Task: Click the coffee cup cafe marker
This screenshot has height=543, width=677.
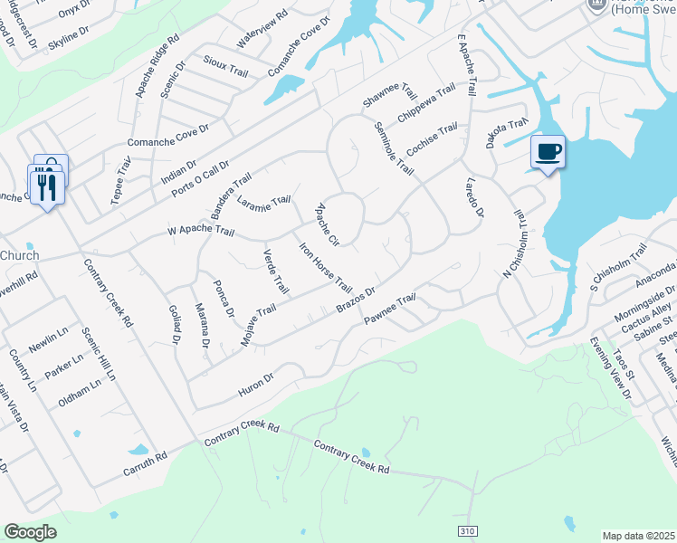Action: click(547, 151)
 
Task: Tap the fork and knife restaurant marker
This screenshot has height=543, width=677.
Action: click(46, 186)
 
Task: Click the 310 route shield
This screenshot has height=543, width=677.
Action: click(466, 530)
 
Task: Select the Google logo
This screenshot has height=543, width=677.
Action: click(30, 532)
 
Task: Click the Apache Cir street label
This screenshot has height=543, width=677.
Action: click(326, 225)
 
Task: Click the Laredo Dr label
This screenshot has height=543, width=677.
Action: click(474, 197)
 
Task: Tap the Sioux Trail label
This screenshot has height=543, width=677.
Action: click(225, 69)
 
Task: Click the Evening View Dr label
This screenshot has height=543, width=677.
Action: click(611, 369)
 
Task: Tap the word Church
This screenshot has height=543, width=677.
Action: click(19, 255)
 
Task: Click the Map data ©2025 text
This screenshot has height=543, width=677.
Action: click(639, 536)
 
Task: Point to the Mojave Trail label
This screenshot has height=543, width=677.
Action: click(258, 325)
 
